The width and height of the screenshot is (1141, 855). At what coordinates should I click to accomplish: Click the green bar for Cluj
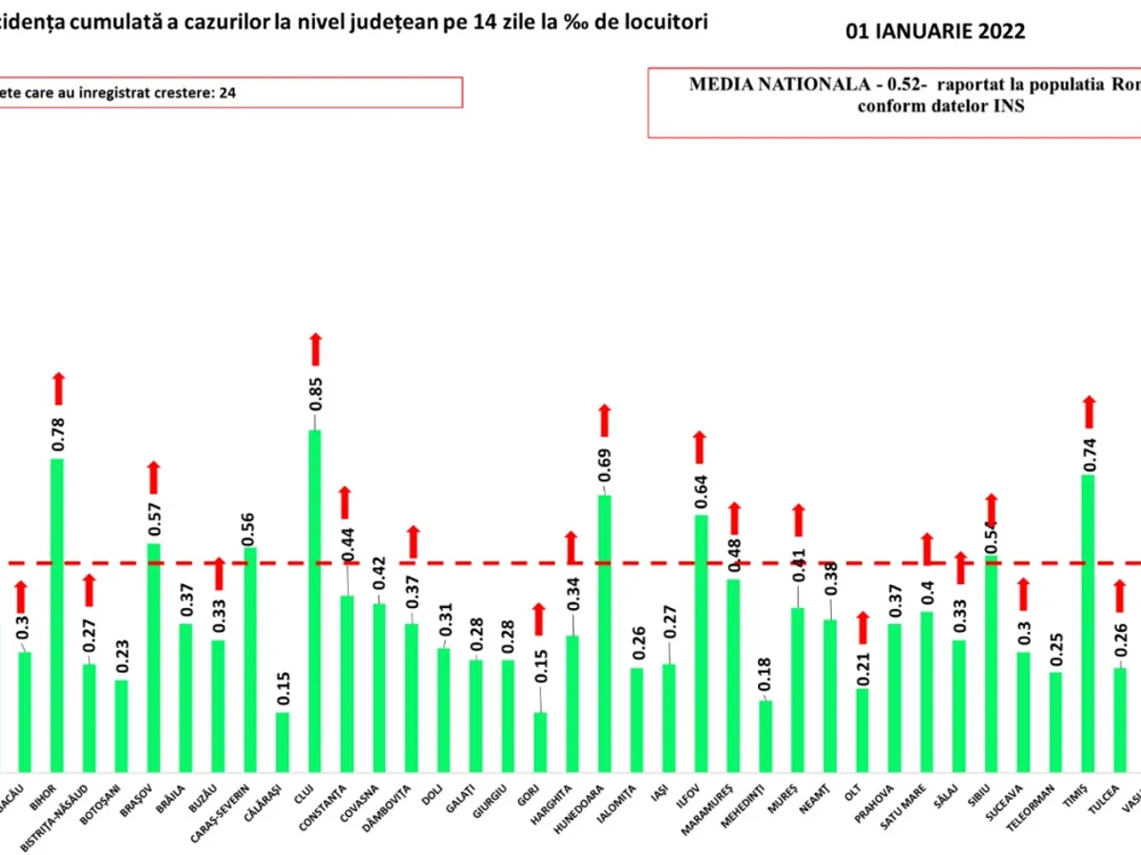click(x=315, y=598)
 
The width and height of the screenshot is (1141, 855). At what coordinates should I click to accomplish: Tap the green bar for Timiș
click(x=1089, y=622)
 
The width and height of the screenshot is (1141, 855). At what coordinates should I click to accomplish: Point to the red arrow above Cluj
click(x=316, y=350)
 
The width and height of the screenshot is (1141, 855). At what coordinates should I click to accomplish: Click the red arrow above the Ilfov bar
click(x=701, y=447)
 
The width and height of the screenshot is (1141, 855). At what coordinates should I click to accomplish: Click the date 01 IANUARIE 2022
click(x=936, y=31)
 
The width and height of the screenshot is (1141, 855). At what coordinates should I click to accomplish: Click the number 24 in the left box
click(x=228, y=93)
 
